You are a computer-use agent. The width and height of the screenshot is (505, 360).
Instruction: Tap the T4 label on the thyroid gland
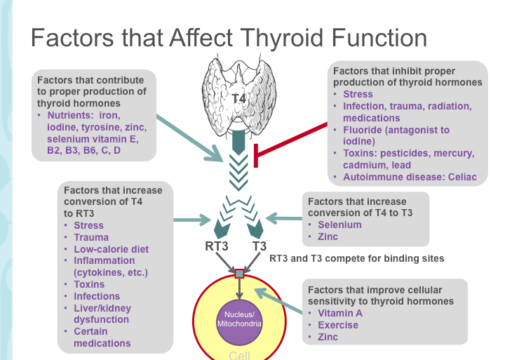(x=238, y=98)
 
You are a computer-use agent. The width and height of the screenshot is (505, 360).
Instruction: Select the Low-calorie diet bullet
(x=111, y=249)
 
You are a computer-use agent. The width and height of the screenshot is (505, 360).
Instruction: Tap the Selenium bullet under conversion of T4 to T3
(x=339, y=225)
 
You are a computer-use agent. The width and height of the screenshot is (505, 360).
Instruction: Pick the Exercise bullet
(x=337, y=325)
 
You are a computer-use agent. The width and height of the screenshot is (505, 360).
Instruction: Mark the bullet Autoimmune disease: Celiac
(x=400, y=178)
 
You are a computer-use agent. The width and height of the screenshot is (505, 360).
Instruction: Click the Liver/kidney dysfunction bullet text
(x=102, y=314)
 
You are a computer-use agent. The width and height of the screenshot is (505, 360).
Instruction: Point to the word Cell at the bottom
(x=239, y=355)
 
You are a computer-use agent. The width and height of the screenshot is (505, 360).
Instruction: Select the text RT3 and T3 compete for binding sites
(x=356, y=258)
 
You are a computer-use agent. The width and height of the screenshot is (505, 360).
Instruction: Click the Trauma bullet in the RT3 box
(x=91, y=237)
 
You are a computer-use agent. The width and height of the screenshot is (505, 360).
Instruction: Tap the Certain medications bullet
(x=102, y=338)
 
